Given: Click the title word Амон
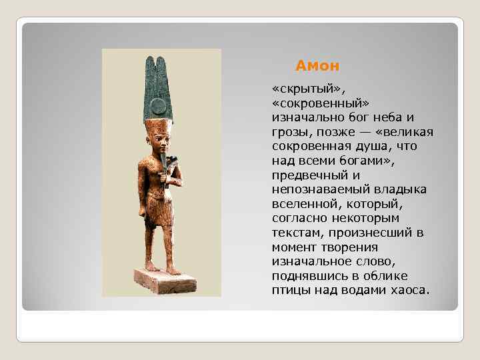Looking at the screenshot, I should coord(317,66).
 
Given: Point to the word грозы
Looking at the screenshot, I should coord(290,131).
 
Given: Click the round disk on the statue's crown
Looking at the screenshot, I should coord(158,107).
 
